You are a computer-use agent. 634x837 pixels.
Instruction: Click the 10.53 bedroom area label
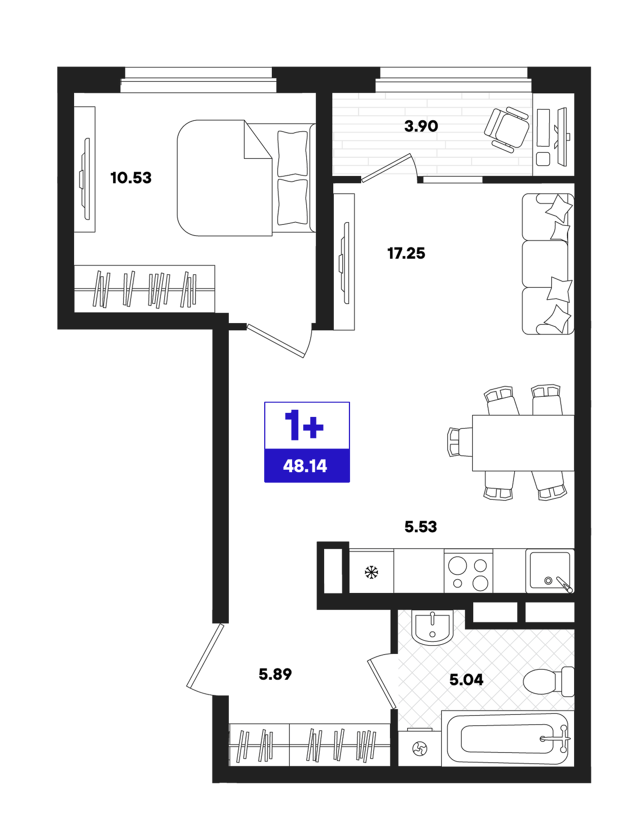[x=131, y=178]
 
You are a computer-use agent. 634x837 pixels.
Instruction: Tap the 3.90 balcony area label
[x=421, y=126]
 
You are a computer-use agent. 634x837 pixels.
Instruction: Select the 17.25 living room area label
[x=406, y=253]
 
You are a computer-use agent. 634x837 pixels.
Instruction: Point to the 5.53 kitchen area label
[x=420, y=527]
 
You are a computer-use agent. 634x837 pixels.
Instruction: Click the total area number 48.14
[x=305, y=466]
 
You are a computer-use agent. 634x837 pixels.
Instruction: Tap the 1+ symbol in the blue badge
[x=304, y=425]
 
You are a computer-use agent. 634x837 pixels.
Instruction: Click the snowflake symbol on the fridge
[x=371, y=572]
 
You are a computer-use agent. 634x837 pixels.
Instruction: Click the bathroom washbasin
[x=432, y=627]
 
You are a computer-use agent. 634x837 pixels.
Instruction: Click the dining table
[x=523, y=443]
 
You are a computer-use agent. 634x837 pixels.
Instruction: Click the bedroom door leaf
[x=275, y=340]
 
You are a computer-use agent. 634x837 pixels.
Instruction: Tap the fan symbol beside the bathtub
[x=420, y=749]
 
